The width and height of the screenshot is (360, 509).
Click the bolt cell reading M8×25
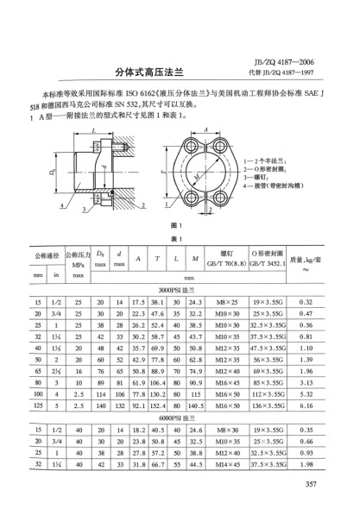(226, 301)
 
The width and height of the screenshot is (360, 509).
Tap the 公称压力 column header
(78, 256)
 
